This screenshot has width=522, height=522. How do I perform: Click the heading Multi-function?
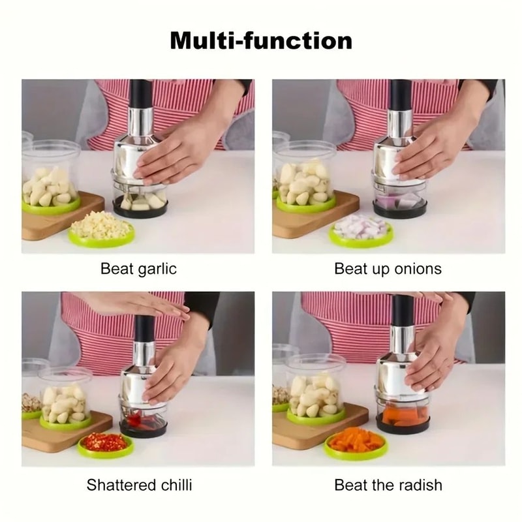pos(261,40)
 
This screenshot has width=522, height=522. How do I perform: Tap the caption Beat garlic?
pos(138,269)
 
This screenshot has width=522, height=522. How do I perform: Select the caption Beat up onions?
pos(388,269)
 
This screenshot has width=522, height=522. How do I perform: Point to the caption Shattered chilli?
pos(139,485)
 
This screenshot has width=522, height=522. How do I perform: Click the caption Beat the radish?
pos(388,485)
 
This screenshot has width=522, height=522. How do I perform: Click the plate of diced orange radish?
pos(356,442)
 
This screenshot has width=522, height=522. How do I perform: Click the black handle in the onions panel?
pos(400,95)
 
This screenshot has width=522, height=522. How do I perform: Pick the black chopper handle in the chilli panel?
pos(144,330)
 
